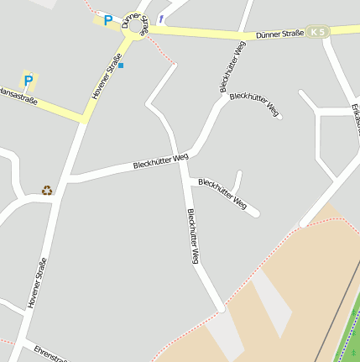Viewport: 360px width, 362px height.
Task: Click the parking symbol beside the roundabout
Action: pyautogui.click(x=107, y=20)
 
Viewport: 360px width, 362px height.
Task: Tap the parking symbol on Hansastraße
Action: pyautogui.click(x=28, y=81)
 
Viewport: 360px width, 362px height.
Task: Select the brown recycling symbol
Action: pyautogui.click(x=47, y=190)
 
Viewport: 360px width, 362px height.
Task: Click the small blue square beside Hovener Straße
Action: pyautogui.click(x=121, y=65)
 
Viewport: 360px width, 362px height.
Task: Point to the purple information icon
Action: pyautogui.click(x=160, y=18)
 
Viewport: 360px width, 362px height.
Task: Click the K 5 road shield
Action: pyautogui.click(x=316, y=32)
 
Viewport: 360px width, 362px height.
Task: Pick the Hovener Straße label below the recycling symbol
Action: pyautogui.click(x=37, y=282)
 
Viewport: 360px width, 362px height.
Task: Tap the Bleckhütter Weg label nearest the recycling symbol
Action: pyautogui.click(x=160, y=160)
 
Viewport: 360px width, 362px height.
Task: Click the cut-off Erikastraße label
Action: pyautogui.click(x=355, y=118)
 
